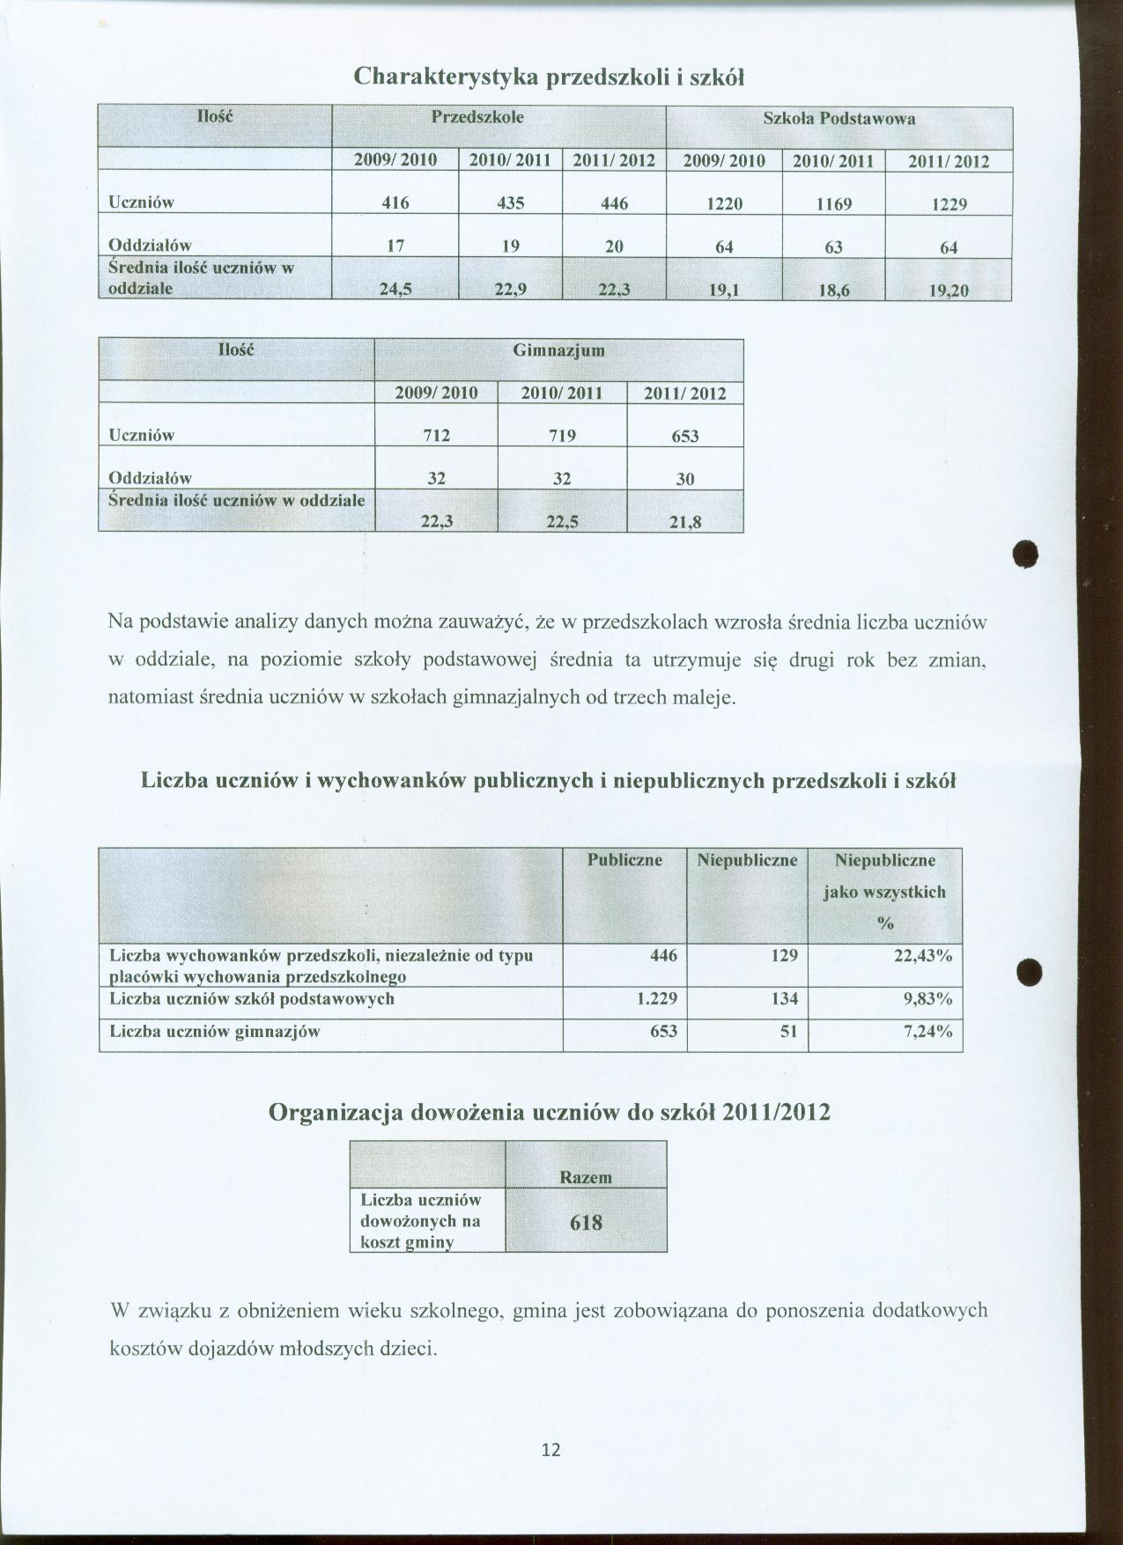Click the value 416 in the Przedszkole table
click(x=395, y=202)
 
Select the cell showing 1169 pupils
click(x=833, y=204)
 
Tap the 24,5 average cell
click(x=395, y=288)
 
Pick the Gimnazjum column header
click(x=558, y=350)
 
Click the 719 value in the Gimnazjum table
click(x=562, y=435)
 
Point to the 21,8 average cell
click(x=685, y=522)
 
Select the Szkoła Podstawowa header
click(x=839, y=119)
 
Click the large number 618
click(x=586, y=1222)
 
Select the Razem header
click(x=586, y=1177)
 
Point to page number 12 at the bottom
click(x=551, y=1450)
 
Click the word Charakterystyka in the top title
click(x=447, y=77)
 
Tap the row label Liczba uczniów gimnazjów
click(x=215, y=1032)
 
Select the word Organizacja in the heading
click(x=336, y=1113)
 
